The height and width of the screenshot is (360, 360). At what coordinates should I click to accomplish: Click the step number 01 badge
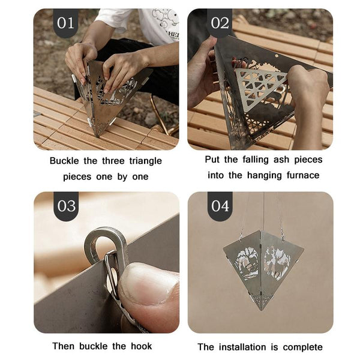pos(66,23)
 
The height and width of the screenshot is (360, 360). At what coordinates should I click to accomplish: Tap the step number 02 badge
pos(220,23)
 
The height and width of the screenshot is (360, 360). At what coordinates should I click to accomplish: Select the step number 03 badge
pos(66,206)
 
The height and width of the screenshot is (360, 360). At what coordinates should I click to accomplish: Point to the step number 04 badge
pos(220,206)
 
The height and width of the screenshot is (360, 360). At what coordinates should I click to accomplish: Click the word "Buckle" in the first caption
pos(64,161)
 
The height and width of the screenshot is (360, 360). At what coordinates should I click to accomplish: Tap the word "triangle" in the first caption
pos(145,161)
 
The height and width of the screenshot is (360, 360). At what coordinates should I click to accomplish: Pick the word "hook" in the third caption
pos(141,346)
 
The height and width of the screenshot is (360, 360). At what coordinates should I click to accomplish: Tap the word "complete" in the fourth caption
pos(302,347)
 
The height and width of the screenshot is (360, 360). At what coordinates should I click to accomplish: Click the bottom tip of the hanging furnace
pos(262,310)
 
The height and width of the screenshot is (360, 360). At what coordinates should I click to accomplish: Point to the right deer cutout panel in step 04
pos(277,261)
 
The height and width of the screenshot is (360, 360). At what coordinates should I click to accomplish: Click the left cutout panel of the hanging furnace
pos(246,265)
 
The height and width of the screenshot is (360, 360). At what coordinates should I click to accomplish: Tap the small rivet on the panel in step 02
pos(277,56)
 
